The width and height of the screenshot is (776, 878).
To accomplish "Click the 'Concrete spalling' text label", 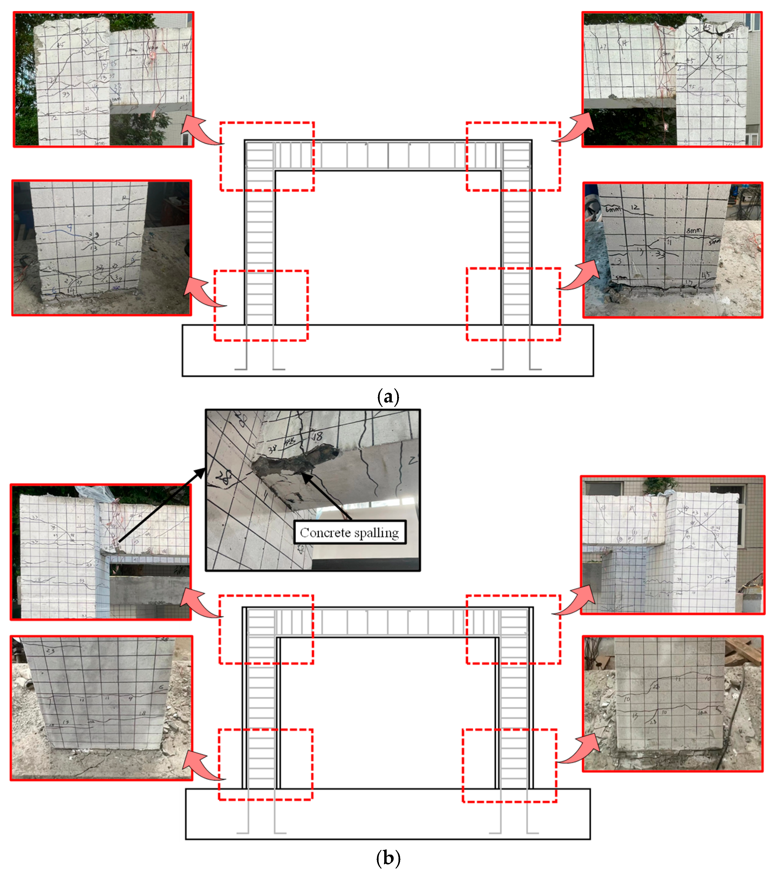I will (349, 533).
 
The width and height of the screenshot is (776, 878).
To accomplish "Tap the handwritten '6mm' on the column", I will (613, 209).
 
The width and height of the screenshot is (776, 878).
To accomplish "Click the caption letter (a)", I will (387, 396).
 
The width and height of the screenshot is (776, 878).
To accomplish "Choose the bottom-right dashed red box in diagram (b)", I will (509, 765).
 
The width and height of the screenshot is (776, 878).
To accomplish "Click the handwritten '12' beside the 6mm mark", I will (635, 207).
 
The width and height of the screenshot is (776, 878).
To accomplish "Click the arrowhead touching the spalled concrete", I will (306, 476).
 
